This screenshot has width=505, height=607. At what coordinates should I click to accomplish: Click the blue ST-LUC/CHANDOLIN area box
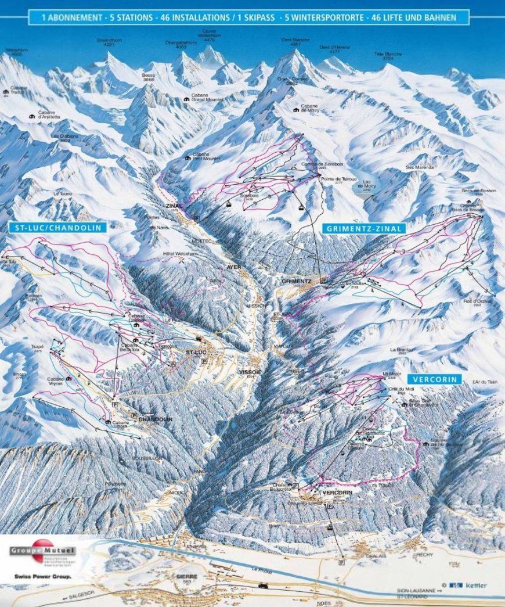[x=58, y=228]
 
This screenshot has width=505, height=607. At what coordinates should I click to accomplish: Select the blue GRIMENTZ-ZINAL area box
[x=363, y=228]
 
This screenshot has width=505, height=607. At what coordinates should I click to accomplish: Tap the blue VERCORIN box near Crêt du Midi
[x=434, y=379]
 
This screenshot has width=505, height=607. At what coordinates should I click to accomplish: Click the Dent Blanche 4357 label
[x=295, y=42]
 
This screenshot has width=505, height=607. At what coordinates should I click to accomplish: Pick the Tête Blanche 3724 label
[x=388, y=56]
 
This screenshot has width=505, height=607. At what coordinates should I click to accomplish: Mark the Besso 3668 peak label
[x=149, y=77]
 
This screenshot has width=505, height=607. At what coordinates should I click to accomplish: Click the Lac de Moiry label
[x=366, y=184]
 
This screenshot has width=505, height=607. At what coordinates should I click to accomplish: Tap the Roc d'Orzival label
[x=477, y=302]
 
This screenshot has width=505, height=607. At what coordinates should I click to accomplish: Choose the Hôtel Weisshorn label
[x=178, y=253]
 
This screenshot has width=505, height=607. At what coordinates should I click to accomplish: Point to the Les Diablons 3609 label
[x=64, y=138]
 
